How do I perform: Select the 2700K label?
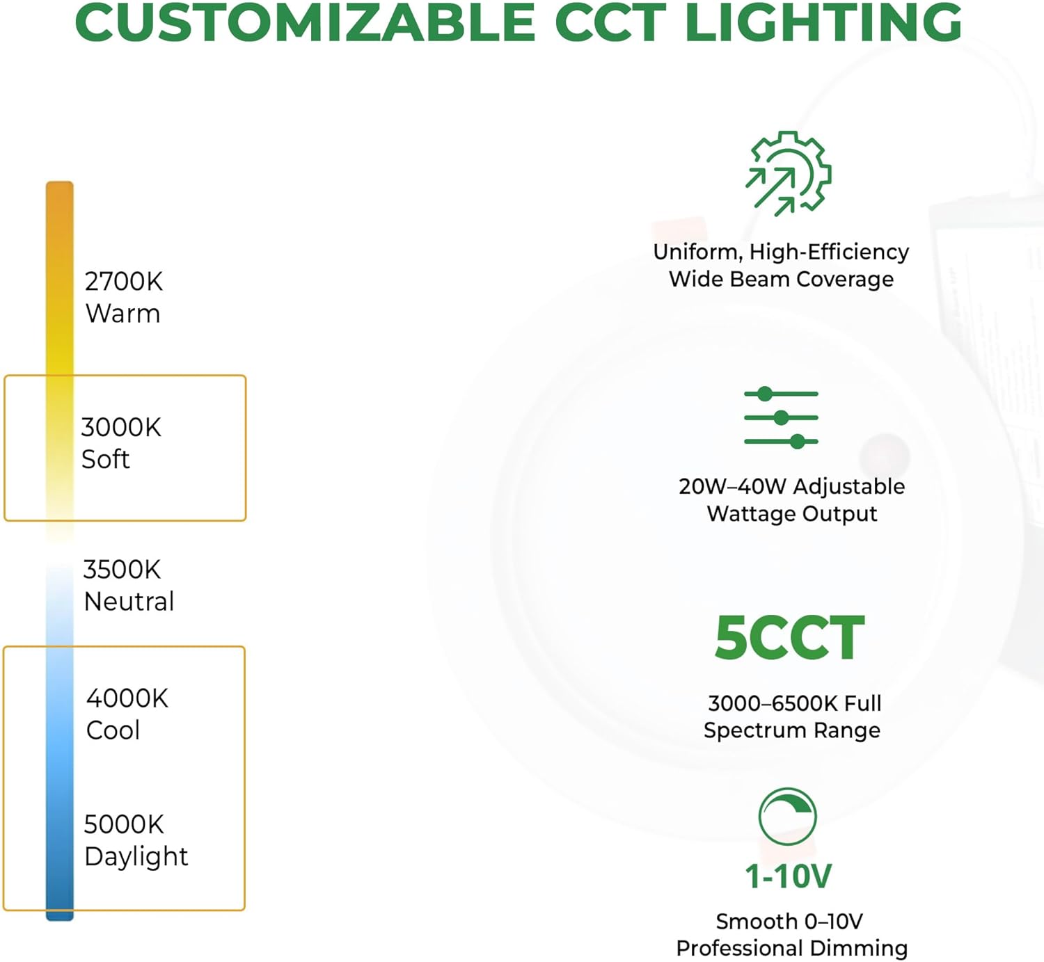[x=124, y=282]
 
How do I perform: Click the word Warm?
[x=123, y=314]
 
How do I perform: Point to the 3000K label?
[x=121, y=427]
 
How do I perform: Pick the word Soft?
[x=106, y=459]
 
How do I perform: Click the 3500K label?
[x=122, y=570]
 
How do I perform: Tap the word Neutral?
[x=129, y=602]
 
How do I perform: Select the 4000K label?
[x=127, y=698]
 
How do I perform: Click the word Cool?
[x=113, y=730]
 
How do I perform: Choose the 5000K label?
[x=124, y=824]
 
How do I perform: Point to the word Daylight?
[x=136, y=856]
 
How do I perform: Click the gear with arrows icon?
[x=789, y=173]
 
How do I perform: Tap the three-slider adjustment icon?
[x=781, y=418]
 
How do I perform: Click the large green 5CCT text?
[x=790, y=639]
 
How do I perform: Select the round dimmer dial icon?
[x=788, y=816]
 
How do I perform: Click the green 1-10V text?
[x=789, y=876]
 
